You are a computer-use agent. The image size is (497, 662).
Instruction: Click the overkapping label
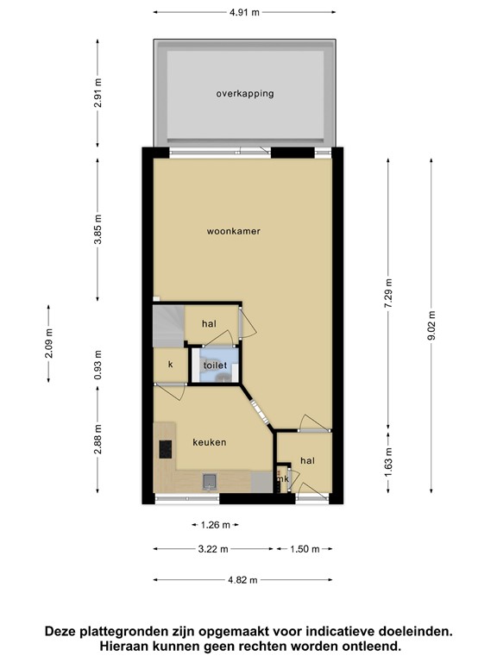pyautogui.click(x=245, y=93)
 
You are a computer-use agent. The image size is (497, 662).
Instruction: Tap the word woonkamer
pyautogui.click(x=233, y=231)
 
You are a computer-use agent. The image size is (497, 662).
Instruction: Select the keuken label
pyautogui.click(x=210, y=442)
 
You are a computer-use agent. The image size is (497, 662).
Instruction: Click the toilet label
pyautogui.click(x=215, y=366)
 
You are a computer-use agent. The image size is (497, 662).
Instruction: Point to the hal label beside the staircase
pyautogui.click(x=208, y=323)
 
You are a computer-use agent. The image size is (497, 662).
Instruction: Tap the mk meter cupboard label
pyautogui.click(x=281, y=479)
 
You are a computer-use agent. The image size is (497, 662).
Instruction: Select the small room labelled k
pyautogui.click(x=170, y=365)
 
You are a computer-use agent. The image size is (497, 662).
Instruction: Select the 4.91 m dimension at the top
pyautogui.click(x=244, y=12)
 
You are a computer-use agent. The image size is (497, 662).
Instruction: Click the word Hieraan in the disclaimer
pyautogui.click(x=129, y=645)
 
